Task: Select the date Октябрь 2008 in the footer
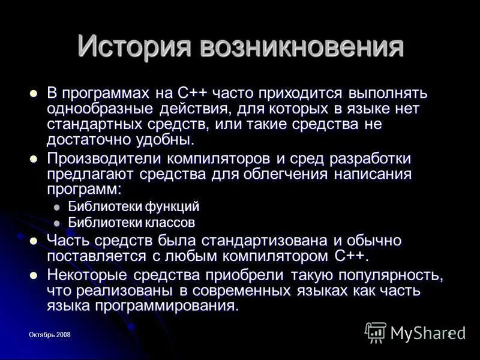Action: [50, 335]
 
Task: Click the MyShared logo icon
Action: [376, 332]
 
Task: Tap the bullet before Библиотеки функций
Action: [58, 207]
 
